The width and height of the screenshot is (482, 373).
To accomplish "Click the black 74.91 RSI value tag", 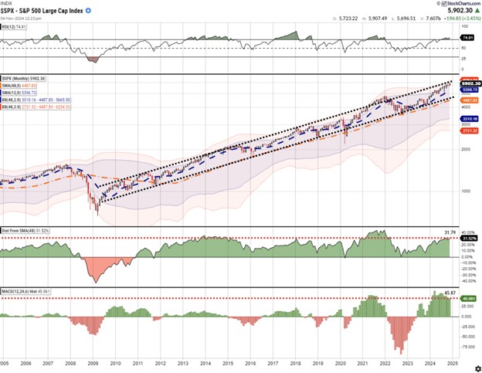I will (466, 36).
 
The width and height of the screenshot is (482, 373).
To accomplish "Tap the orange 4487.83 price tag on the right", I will (466, 100).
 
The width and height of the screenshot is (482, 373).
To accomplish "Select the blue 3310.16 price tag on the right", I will (466, 119).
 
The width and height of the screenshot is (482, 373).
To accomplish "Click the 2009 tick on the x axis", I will (93, 362).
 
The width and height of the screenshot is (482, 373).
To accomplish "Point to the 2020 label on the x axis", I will (340, 362).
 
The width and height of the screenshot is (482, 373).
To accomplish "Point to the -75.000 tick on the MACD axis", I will (466, 337).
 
